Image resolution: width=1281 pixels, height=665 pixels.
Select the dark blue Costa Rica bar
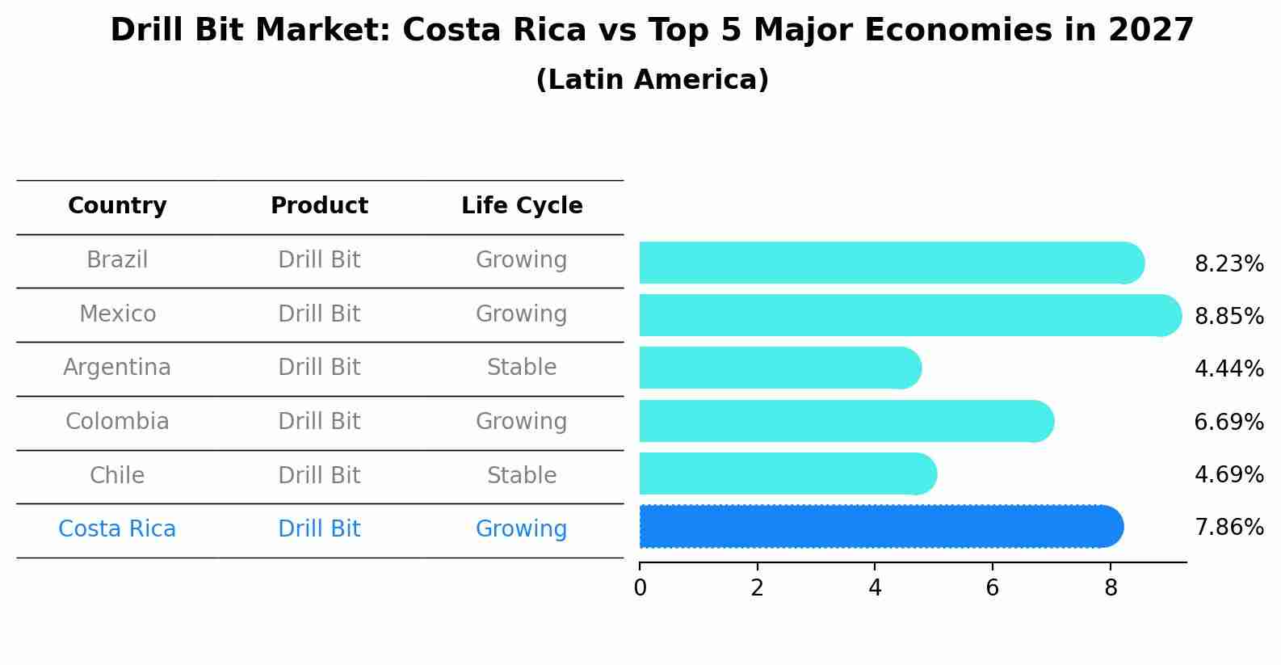tap(880, 526)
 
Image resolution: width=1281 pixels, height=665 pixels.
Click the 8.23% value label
tap(1228, 264)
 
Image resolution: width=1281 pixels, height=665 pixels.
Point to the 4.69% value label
tap(1228, 474)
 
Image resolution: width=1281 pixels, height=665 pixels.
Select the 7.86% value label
tap(1228, 528)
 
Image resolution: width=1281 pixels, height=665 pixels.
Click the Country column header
tap(117, 206)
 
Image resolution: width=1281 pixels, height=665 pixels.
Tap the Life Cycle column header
tap(522, 206)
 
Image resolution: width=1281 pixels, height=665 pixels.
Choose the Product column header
tap(319, 206)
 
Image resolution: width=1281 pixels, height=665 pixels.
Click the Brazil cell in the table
tap(117, 260)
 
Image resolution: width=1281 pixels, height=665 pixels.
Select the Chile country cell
tap(117, 475)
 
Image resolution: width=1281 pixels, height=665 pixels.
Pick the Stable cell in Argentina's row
tap(522, 368)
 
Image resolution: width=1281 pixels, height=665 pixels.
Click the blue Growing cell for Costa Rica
tap(522, 529)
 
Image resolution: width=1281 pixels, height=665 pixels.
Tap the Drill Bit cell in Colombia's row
tap(319, 422)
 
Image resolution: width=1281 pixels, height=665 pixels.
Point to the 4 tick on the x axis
tap(875, 588)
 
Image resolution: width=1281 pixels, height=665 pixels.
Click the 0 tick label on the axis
tap(640, 588)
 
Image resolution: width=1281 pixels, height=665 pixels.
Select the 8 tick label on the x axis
tap(1111, 588)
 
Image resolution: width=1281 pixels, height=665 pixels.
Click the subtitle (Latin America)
tap(652, 80)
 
